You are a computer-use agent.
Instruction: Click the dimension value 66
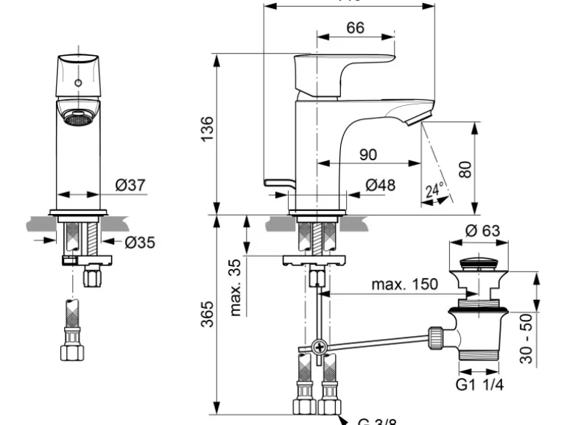[355, 28]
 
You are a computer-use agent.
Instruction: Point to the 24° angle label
[434, 191]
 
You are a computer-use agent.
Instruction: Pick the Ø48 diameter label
[380, 185]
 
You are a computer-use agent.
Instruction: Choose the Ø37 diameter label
[131, 185]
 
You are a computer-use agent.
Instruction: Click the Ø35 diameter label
[139, 240]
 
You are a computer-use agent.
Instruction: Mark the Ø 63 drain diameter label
[482, 231]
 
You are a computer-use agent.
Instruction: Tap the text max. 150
[404, 284]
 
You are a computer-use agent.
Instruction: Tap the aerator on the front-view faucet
[78, 117]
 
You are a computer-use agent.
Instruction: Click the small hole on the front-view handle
[78, 82]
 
